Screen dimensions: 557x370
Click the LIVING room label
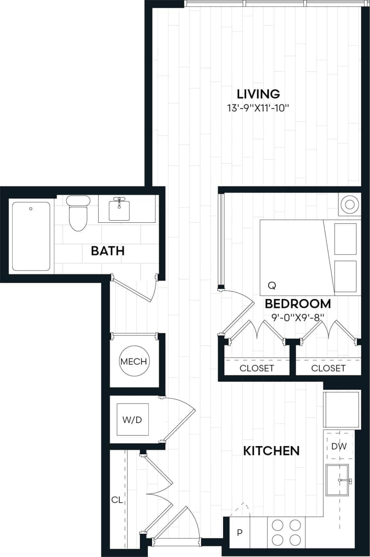tap(258, 94)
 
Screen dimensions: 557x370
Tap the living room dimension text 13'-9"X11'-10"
tap(258, 108)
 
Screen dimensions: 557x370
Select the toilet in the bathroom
tap(78, 213)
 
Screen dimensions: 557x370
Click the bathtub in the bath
tap(31, 236)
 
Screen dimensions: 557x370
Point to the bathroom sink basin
tap(119, 210)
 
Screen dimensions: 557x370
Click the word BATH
tap(108, 251)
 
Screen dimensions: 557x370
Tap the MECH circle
tap(134, 361)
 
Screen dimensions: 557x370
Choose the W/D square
tap(132, 420)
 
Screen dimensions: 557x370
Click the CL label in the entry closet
tap(117, 500)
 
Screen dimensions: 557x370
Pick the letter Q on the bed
tap(272, 285)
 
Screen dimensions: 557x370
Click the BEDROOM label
tap(298, 303)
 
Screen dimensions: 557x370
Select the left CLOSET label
tap(257, 368)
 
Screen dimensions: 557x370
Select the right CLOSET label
tap(328, 368)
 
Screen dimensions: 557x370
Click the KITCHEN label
tap(271, 450)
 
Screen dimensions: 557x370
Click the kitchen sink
tap(337, 480)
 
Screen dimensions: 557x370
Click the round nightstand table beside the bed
tap(349, 204)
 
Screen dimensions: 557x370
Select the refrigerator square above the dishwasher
tap(341, 409)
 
